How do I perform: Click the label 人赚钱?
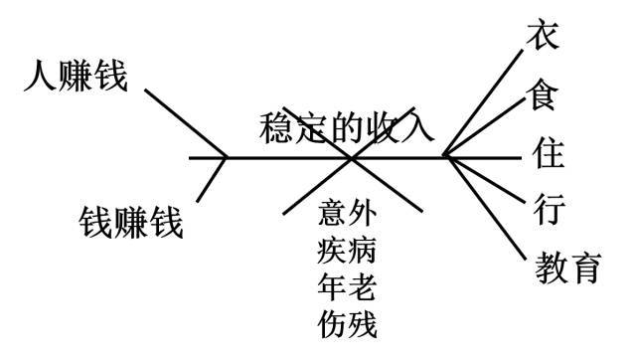[77, 77]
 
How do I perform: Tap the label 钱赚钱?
[131, 221]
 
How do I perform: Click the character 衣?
[544, 37]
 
